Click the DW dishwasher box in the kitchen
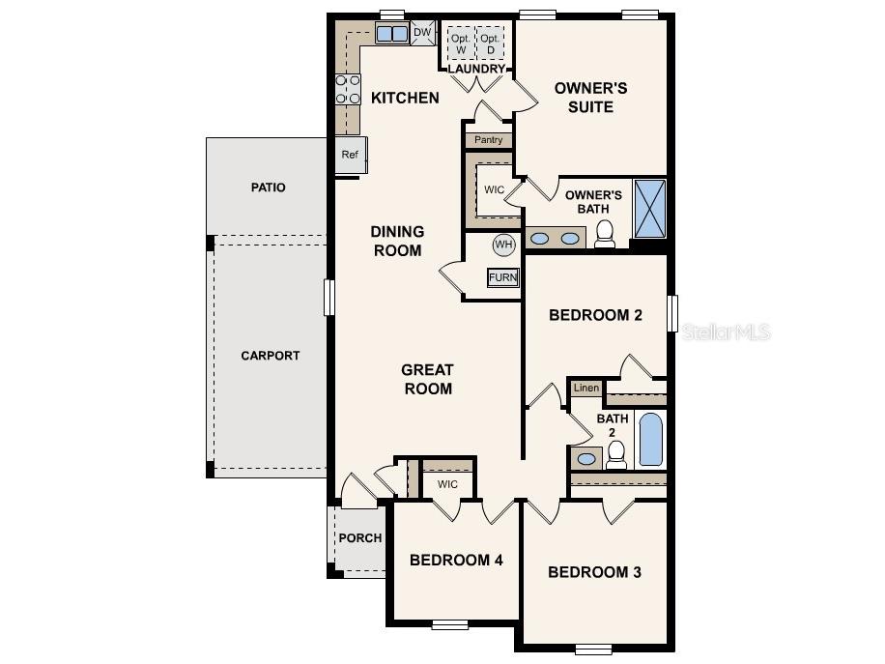[422, 33]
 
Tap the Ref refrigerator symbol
[349, 155]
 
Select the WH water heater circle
[503, 245]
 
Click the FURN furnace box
[502, 277]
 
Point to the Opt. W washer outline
[461, 43]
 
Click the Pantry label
[488, 140]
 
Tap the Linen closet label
[585, 388]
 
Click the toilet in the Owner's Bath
[605, 234]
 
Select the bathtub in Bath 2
[651, 440]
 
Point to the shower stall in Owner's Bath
[649, 208]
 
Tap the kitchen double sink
[391, 34]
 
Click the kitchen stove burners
[347, 89]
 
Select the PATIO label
[268, 188]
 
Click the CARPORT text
[271, 356]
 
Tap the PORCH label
[359, 538]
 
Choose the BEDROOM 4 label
[456, 560]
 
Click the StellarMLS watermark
[727, 332]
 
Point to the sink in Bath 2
[585, 458]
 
